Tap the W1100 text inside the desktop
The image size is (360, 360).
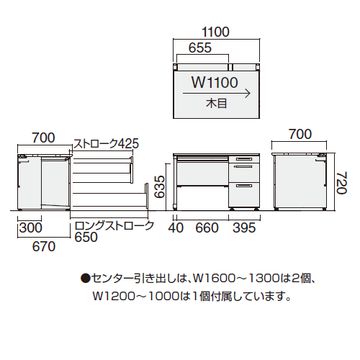pyautogui.click(x=215, y=81)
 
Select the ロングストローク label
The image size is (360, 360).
pyautogui.click(x=114, y=226)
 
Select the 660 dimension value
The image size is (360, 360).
pyautogui.click(x=204, y=228)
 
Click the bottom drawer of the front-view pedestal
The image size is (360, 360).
pyautogui.click(x=243, y=193)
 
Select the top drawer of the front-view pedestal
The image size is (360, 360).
pyautogui.click(x=243, y=160)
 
